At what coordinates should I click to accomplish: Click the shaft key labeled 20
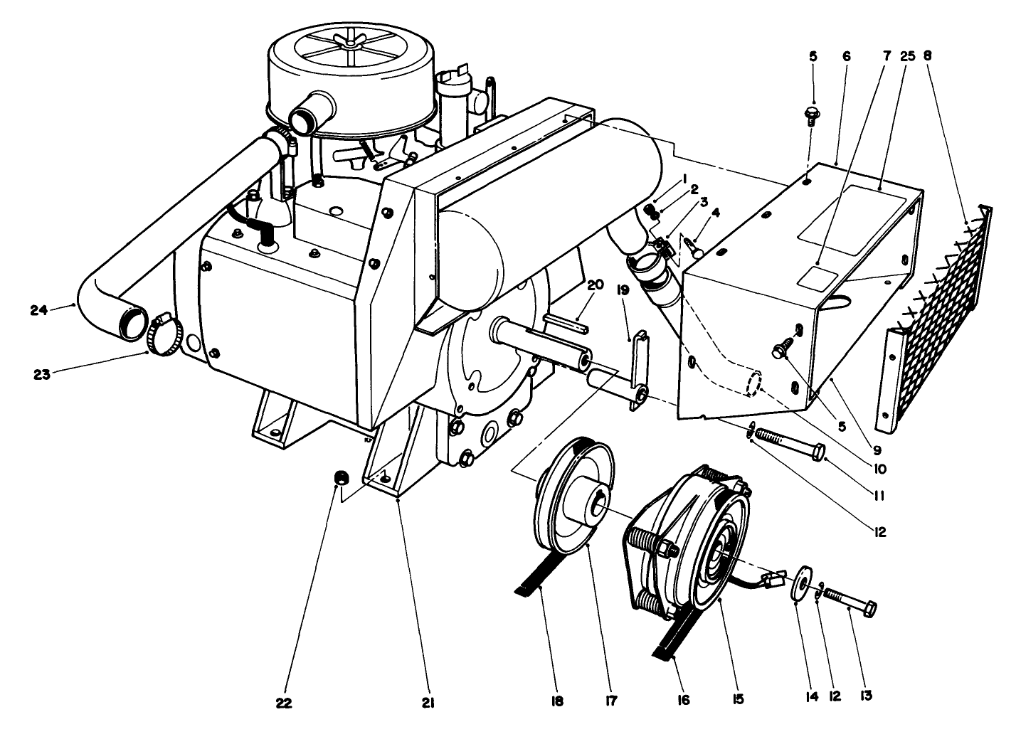click(x=565, y=322)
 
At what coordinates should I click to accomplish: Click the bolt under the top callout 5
click(x=812, y=115)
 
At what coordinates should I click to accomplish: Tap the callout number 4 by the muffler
click(x=715, y=212)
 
